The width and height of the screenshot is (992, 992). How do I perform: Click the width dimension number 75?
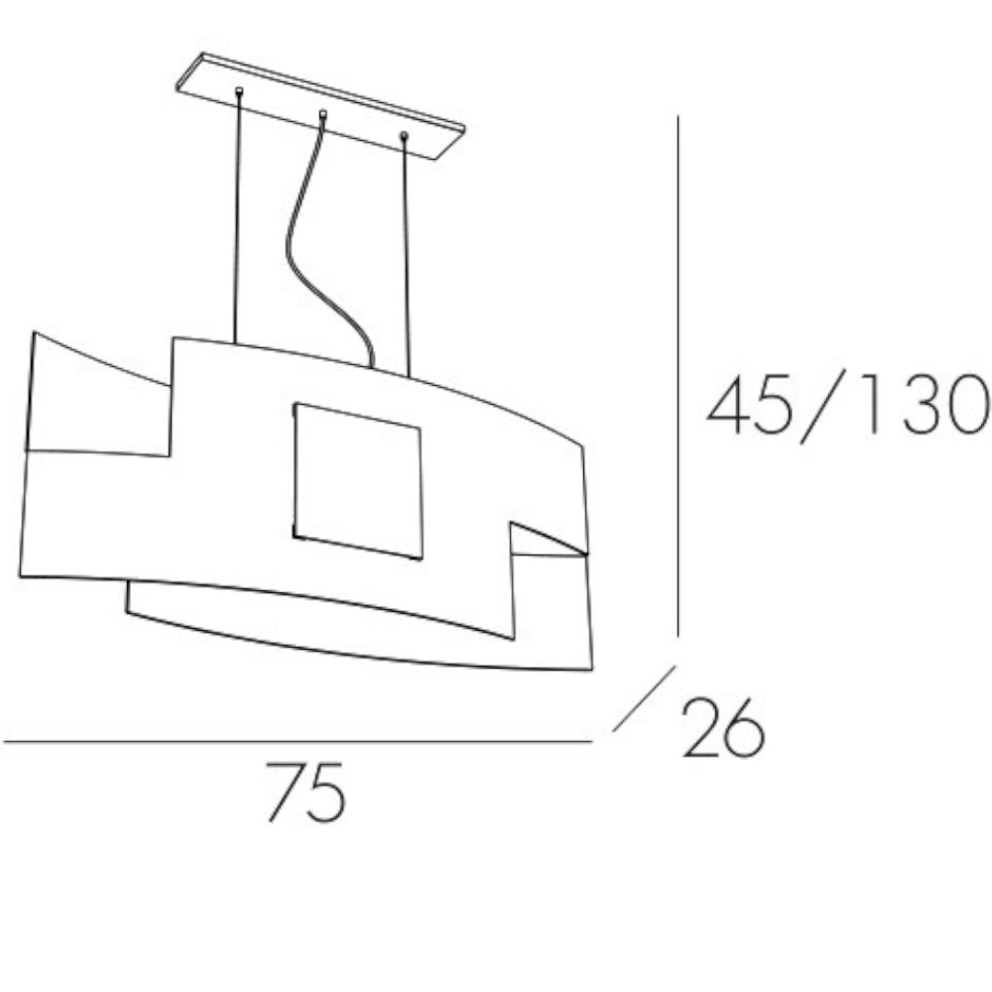pos(307,792)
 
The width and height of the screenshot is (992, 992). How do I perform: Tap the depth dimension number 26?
pos(723,727)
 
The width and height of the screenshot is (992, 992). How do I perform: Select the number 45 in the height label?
pos(749,405)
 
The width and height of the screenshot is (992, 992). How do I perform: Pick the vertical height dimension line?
pos(678,376)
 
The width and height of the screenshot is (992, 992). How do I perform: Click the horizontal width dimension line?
pos(298,741)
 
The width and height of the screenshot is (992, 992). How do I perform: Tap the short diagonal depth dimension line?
pos(644,698)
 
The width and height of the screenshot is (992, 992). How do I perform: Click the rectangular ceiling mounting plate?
pos(320,106)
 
